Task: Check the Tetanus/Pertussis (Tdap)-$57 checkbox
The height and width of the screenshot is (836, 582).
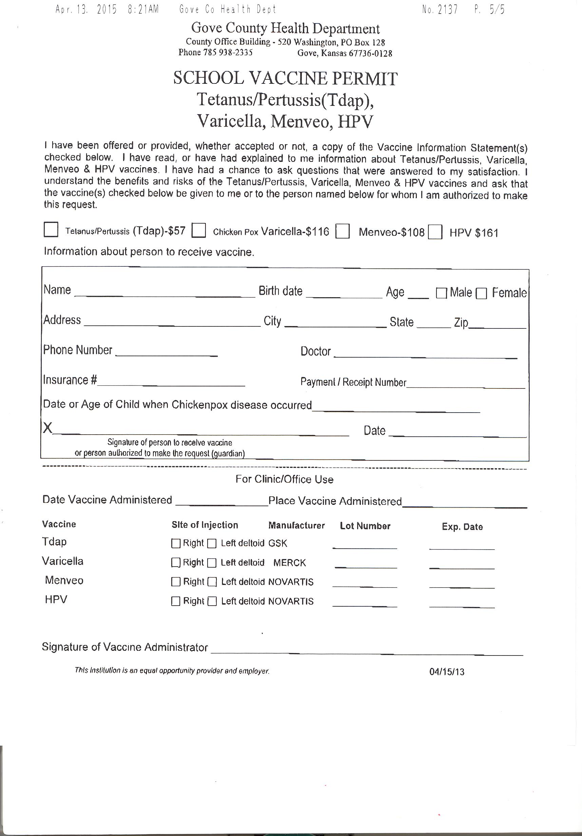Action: tap(51, 230)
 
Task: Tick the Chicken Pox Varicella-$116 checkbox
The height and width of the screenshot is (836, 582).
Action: tap(199, 230)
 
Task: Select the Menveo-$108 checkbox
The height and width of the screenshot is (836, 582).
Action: tap(343, 231)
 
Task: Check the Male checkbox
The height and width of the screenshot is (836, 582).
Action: tap(441, 293)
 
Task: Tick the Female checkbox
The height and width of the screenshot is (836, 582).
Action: tap(481, 293)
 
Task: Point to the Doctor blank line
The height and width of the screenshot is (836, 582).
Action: tap(425, 355)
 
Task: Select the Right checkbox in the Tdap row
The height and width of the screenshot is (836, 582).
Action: tap(176, 544)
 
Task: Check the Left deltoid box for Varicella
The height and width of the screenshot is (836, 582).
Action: tap(212, 563)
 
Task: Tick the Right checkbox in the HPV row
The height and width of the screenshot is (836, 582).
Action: tap(176, 601)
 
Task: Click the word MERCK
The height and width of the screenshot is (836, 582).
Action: tap(289, 563)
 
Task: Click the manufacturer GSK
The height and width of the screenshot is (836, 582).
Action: tap(278, 544)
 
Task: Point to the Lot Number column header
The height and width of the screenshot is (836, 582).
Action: tap(365, 526)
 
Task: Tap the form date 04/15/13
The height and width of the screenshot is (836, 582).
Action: tap(447, 672)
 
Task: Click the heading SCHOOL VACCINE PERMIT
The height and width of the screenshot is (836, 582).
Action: tap(285, 78)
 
